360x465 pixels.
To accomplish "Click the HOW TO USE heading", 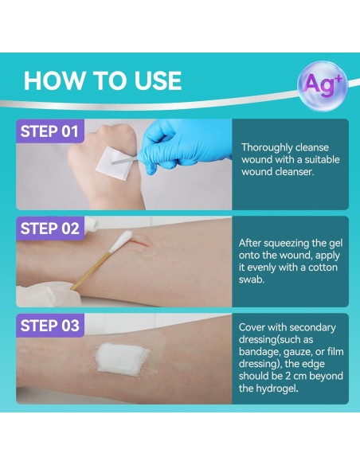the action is (x=103, y=80).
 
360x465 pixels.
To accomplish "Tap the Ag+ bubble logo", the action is (x=323, y=85).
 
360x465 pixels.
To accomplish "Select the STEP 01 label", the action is (x=49, y=131).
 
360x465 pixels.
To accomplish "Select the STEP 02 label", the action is (x=50, y=229).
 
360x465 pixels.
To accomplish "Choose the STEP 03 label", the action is (x=50, y=326).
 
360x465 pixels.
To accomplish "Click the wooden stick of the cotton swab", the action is (x=91, y=271).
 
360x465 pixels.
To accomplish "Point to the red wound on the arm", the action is (x=142, y=240).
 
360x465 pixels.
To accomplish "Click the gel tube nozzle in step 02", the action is (x=92, y=224).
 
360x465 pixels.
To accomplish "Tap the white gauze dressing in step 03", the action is (x=122, y=359).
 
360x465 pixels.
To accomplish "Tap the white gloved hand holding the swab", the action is (x=48, y=294).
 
